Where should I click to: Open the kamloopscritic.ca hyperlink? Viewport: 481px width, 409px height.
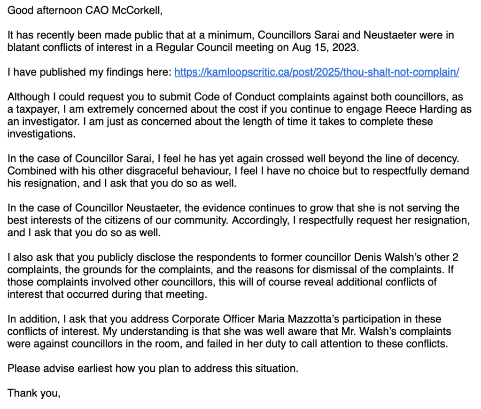click(x=316, y=72)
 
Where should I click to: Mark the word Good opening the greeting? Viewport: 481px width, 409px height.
click(x=18, y=10)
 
